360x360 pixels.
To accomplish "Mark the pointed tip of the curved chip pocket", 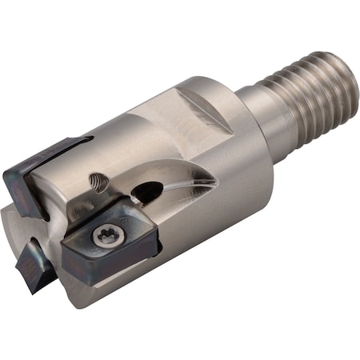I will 216,183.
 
